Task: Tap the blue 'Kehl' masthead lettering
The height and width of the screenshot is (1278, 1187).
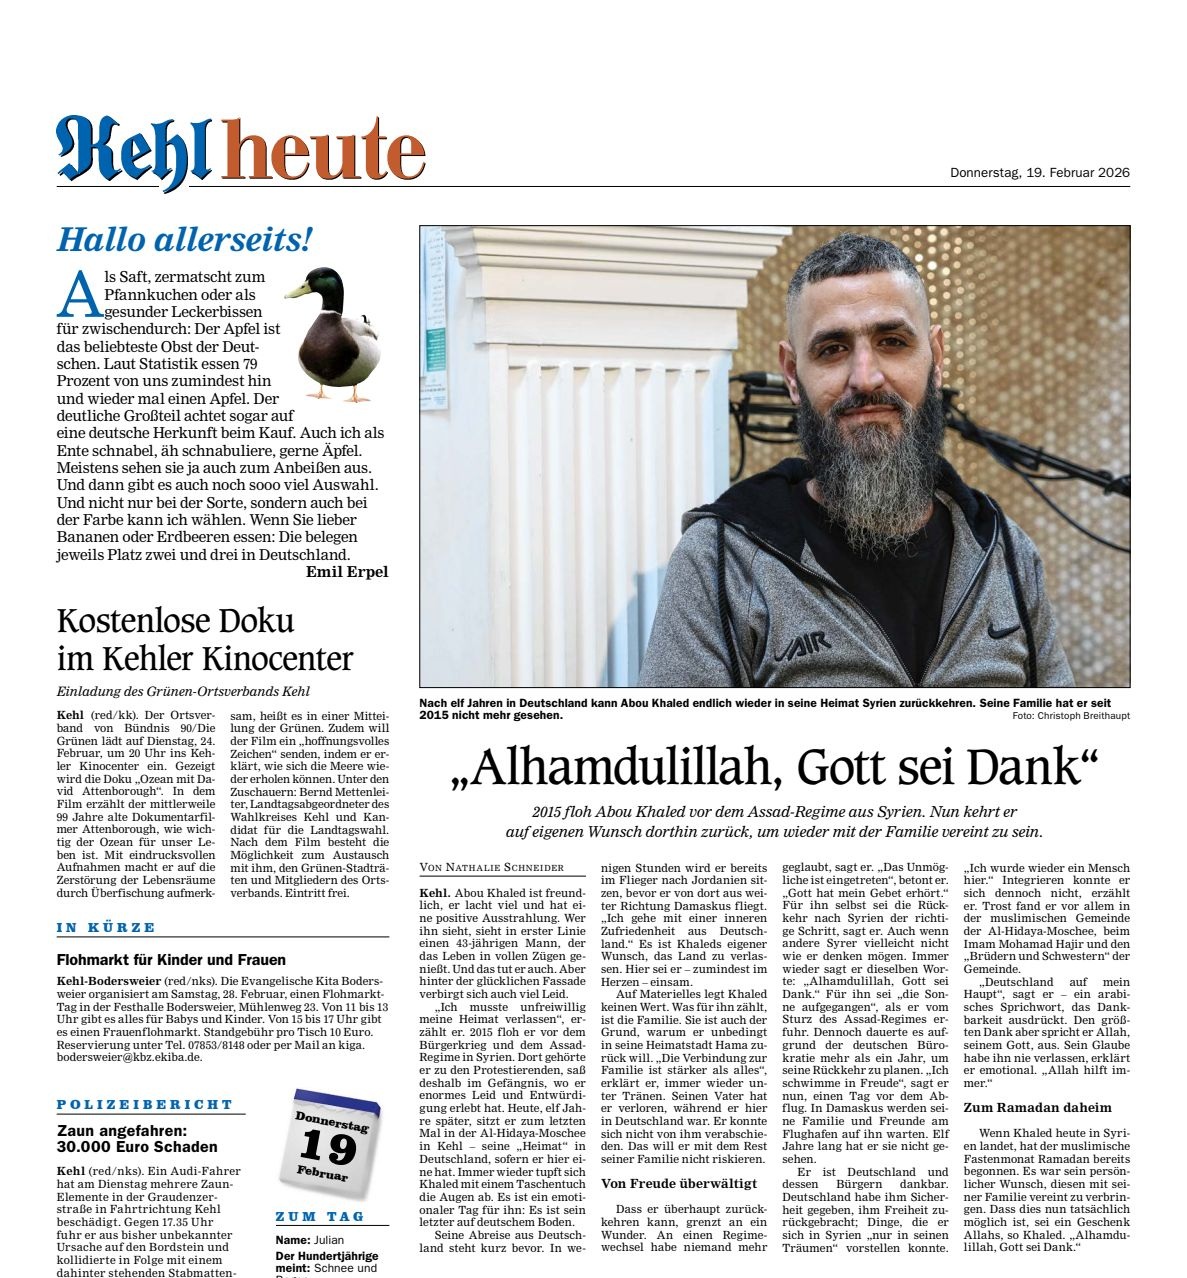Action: click(134, 152)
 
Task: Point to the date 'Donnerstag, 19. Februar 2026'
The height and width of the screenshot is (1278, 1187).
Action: click(1039, 172)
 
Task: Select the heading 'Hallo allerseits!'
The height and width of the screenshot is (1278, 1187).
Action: click(185, 240)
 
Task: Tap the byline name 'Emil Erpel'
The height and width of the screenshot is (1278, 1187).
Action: click(347, 572)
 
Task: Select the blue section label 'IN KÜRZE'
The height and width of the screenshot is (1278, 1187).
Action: click(107, 928)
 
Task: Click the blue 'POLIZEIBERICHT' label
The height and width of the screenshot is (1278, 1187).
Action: click(145, 1105)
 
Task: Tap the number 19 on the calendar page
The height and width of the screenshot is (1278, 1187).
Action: click(327, 1146)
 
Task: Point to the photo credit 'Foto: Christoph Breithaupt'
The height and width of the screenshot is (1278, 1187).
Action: click(1070, 717)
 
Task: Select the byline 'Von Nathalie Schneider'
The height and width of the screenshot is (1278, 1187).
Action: click(491, 867)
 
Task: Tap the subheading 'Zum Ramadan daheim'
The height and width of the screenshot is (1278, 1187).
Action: click(1037, 1107)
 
